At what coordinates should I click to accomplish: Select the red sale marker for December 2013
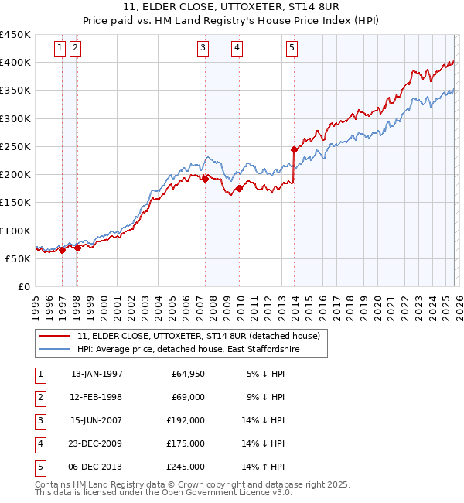[294, 149]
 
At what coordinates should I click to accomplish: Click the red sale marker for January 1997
[62, 250]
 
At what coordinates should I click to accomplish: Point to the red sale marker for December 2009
[240, 188]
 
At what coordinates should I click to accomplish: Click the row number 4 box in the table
[39, 444]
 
